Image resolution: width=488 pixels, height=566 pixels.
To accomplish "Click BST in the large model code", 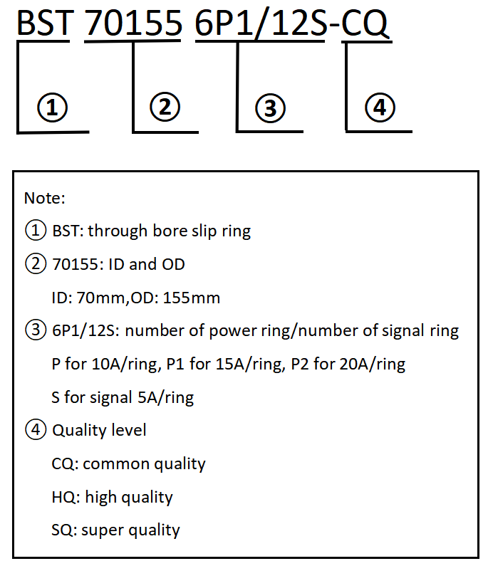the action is (45, 23).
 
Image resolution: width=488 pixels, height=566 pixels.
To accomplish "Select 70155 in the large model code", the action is (133, 23).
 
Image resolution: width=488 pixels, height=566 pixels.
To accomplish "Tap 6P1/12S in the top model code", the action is (261, 23).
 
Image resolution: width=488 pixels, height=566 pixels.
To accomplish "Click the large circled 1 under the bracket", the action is (52, 108).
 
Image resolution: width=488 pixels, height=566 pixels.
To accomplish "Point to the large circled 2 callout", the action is (165, 107).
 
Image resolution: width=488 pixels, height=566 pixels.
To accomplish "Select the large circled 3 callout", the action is (270, 108).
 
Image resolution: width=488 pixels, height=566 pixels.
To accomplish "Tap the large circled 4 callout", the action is (380, 108).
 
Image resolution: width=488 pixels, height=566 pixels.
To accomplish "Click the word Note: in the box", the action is (44, 198).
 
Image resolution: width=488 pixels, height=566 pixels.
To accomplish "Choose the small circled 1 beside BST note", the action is (36, 230).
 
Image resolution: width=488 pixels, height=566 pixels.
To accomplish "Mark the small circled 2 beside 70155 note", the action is (36, 264).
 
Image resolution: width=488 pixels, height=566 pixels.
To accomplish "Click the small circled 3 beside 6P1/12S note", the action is (36, 330).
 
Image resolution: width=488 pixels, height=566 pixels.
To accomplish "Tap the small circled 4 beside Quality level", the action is (36, 430).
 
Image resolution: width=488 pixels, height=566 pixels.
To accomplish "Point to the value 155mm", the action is (192, 298).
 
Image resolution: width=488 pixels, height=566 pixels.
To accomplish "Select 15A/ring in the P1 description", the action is (249, 365).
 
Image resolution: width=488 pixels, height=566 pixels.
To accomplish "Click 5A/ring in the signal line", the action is (166, 397).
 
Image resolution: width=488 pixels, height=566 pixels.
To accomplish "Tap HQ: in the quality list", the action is (66, 497).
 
